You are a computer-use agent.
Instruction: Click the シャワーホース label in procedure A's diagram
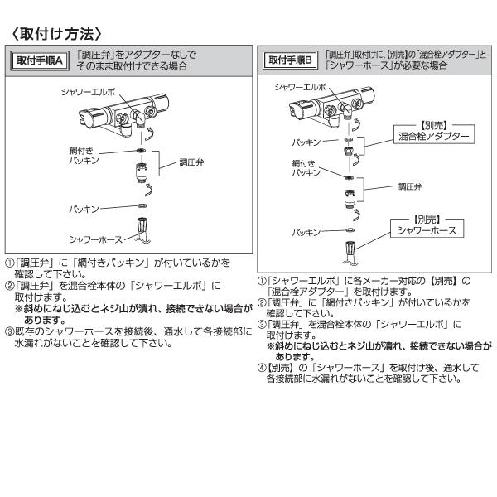[x=94, y=239]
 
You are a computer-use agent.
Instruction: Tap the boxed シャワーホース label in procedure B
[x=427, y=228]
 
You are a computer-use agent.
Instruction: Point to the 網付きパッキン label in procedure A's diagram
[x=84, y=155]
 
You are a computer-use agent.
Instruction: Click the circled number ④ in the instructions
[x=261, y=367]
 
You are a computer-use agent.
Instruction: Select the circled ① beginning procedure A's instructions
[x=9, y=263]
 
